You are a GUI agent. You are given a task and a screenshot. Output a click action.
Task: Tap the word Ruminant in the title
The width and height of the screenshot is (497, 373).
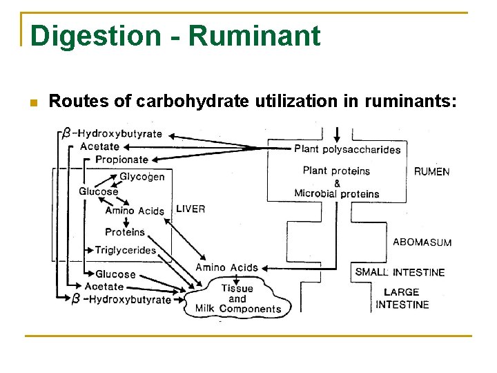(x=254, y=35)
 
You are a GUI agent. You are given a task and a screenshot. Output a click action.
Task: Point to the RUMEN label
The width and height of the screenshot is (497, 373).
(x=431, y=172)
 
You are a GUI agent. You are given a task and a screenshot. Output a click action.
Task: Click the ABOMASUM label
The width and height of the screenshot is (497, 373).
(x=422, y=242)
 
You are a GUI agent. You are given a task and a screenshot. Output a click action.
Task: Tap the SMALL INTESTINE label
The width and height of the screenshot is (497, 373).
(x=400, y=272)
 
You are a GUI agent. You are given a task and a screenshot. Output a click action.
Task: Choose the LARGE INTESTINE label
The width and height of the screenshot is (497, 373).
(x=402, y=298)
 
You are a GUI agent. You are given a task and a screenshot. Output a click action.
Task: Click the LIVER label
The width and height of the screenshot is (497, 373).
(x=191, y=209)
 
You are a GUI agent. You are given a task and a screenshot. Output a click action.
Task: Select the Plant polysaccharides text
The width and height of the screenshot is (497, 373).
(x=347, y=149)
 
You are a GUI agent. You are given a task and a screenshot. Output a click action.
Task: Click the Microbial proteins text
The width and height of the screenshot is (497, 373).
(x=337, y=193)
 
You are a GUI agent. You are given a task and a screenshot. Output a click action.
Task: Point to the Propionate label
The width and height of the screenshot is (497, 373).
(x=121, y=160)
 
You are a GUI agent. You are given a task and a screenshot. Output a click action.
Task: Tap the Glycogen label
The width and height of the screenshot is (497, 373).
(x=142, y=177)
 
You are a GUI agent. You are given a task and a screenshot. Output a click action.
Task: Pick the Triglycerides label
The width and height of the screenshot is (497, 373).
(x=125, y=249)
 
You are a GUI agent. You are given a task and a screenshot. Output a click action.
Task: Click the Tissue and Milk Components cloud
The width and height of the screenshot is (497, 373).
(x=237, y=299)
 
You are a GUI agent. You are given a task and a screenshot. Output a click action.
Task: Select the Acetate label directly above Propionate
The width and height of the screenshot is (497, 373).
(x=99, y=146)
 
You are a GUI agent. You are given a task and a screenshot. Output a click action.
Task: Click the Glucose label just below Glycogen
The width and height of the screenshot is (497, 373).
(x=98, y=191)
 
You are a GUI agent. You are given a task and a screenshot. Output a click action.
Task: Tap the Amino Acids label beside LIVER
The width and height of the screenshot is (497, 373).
(x=135, y=211)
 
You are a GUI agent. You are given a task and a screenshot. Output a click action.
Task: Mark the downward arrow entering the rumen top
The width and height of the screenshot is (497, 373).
(x=337, y=133)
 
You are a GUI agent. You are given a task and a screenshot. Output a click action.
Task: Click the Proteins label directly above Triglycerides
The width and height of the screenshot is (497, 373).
(x=125, y=232)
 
